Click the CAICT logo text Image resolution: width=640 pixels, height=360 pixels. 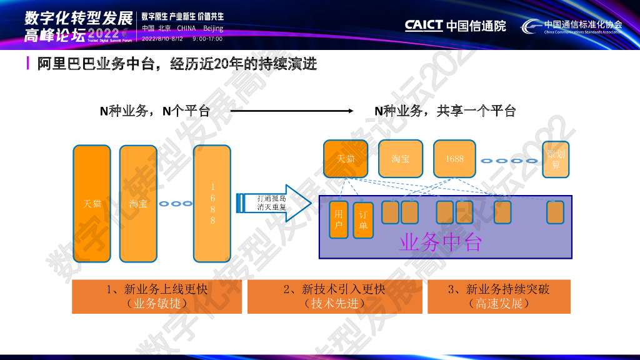pos(424,26)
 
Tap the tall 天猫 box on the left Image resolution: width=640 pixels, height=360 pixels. pos(92,203)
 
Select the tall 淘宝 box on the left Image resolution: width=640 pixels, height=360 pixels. pos(138,203)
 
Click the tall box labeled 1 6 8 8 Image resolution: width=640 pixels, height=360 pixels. pos(212,203)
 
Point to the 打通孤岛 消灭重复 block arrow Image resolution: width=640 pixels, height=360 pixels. pos(274,202)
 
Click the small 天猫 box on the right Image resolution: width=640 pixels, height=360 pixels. pos(346,159)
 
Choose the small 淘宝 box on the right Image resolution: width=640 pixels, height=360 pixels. pos(401,159)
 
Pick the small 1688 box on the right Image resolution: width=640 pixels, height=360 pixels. pos(454,159)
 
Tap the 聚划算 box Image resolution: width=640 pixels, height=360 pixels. pos(556,159)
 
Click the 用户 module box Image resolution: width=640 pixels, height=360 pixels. pos(339,220)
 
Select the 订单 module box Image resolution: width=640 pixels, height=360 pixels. pos(363,220)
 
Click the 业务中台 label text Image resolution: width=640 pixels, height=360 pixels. pos(441,242)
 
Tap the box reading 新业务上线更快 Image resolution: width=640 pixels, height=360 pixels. pos(157,296)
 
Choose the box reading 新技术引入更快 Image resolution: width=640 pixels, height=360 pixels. pos(334,296)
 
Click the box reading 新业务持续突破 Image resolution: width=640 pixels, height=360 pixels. pos(499,296)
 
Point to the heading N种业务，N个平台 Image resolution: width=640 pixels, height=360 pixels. pos(155,111)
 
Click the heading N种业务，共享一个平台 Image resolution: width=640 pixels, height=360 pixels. pos(445,111)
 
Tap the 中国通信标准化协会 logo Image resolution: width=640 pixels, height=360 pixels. pos(572,26)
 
